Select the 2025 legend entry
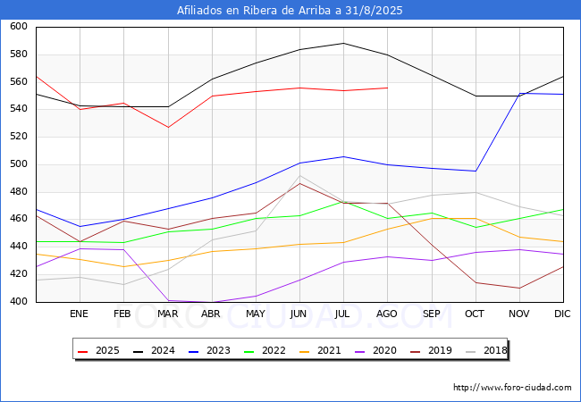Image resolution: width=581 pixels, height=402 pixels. pyautogui.click(x=98, y=350)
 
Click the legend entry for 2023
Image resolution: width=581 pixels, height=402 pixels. pyautogui.click(x=209, y=350)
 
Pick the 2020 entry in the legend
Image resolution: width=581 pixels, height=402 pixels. pyautogui.click(x=375, y=350)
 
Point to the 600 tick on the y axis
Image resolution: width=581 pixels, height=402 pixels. pyautogui.click(x=19, y=26)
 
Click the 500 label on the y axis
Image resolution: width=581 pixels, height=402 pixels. pyautogui.click(x=19, y=164)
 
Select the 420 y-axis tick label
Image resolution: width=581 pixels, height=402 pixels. pyautogui.click(x=19, y=274)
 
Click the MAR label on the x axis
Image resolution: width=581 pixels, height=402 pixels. pyautogui.click(x=168, y=314)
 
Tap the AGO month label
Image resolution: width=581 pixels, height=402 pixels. pyautogui.click(x=387, y=314)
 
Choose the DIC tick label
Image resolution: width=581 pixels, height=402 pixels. pyautogui.click(x=562, y=314)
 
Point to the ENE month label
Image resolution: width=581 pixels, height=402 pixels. pyautogui.click(x=80, y=314)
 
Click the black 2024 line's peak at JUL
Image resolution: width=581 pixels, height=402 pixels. pyautogui.click(x=344, y=43)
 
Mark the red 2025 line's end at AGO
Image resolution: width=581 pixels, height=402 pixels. pyautogui.click(x=388, y=88)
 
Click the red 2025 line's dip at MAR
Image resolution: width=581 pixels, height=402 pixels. pyautogui.click(x=168, y=128)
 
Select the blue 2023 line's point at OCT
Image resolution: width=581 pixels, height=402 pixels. pyautogui.click(x=476, y=171)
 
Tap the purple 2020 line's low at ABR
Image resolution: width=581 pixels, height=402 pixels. pyautogui.click(x=212, y=302)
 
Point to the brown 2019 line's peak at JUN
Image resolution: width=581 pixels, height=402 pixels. pyautogui.click(x=299, y=183)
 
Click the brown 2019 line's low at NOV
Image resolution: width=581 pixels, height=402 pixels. pyautogui.click(x=519, y=288)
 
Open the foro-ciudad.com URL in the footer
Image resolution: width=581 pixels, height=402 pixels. pyautogui.click(x=512, y=388)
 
